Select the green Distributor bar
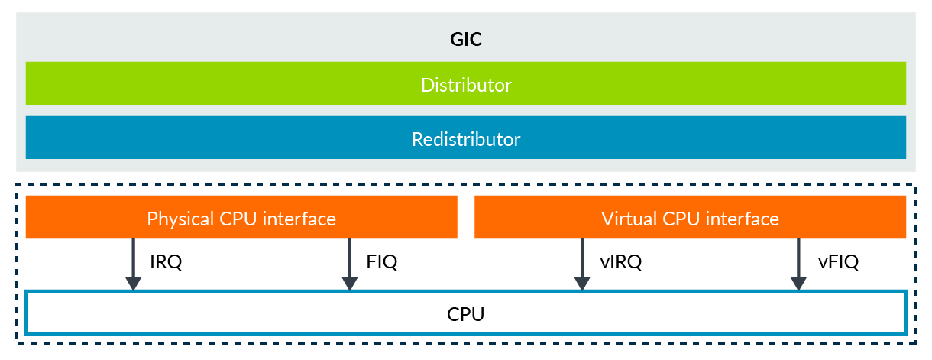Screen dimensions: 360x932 tap(466, 84)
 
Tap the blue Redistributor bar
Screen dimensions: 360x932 tap(466, 140)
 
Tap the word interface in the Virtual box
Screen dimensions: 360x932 tap(743, 219)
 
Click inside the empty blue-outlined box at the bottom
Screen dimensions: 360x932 tap(466, 313)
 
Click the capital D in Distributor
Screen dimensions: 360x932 tap(426, 84)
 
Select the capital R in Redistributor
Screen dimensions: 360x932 tap(417, 140)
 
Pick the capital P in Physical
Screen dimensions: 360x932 tap(151, 219)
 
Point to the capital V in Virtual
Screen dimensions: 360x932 tap(607, 219)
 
